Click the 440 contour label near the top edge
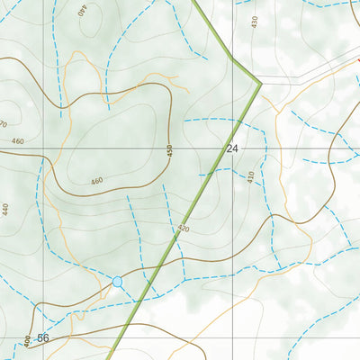click(83, 12)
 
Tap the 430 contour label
click(254, 21)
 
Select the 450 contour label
click(169, 152)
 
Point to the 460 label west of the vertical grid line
click(18, 142)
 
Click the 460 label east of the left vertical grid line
click(97, 182)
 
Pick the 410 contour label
click(251, 177)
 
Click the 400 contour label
click(27, 341)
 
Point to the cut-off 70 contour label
click(4, 122)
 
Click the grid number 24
click(232, 148)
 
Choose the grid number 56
click(43, 337)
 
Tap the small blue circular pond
click(117, 282)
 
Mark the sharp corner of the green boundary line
click(260, 85)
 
